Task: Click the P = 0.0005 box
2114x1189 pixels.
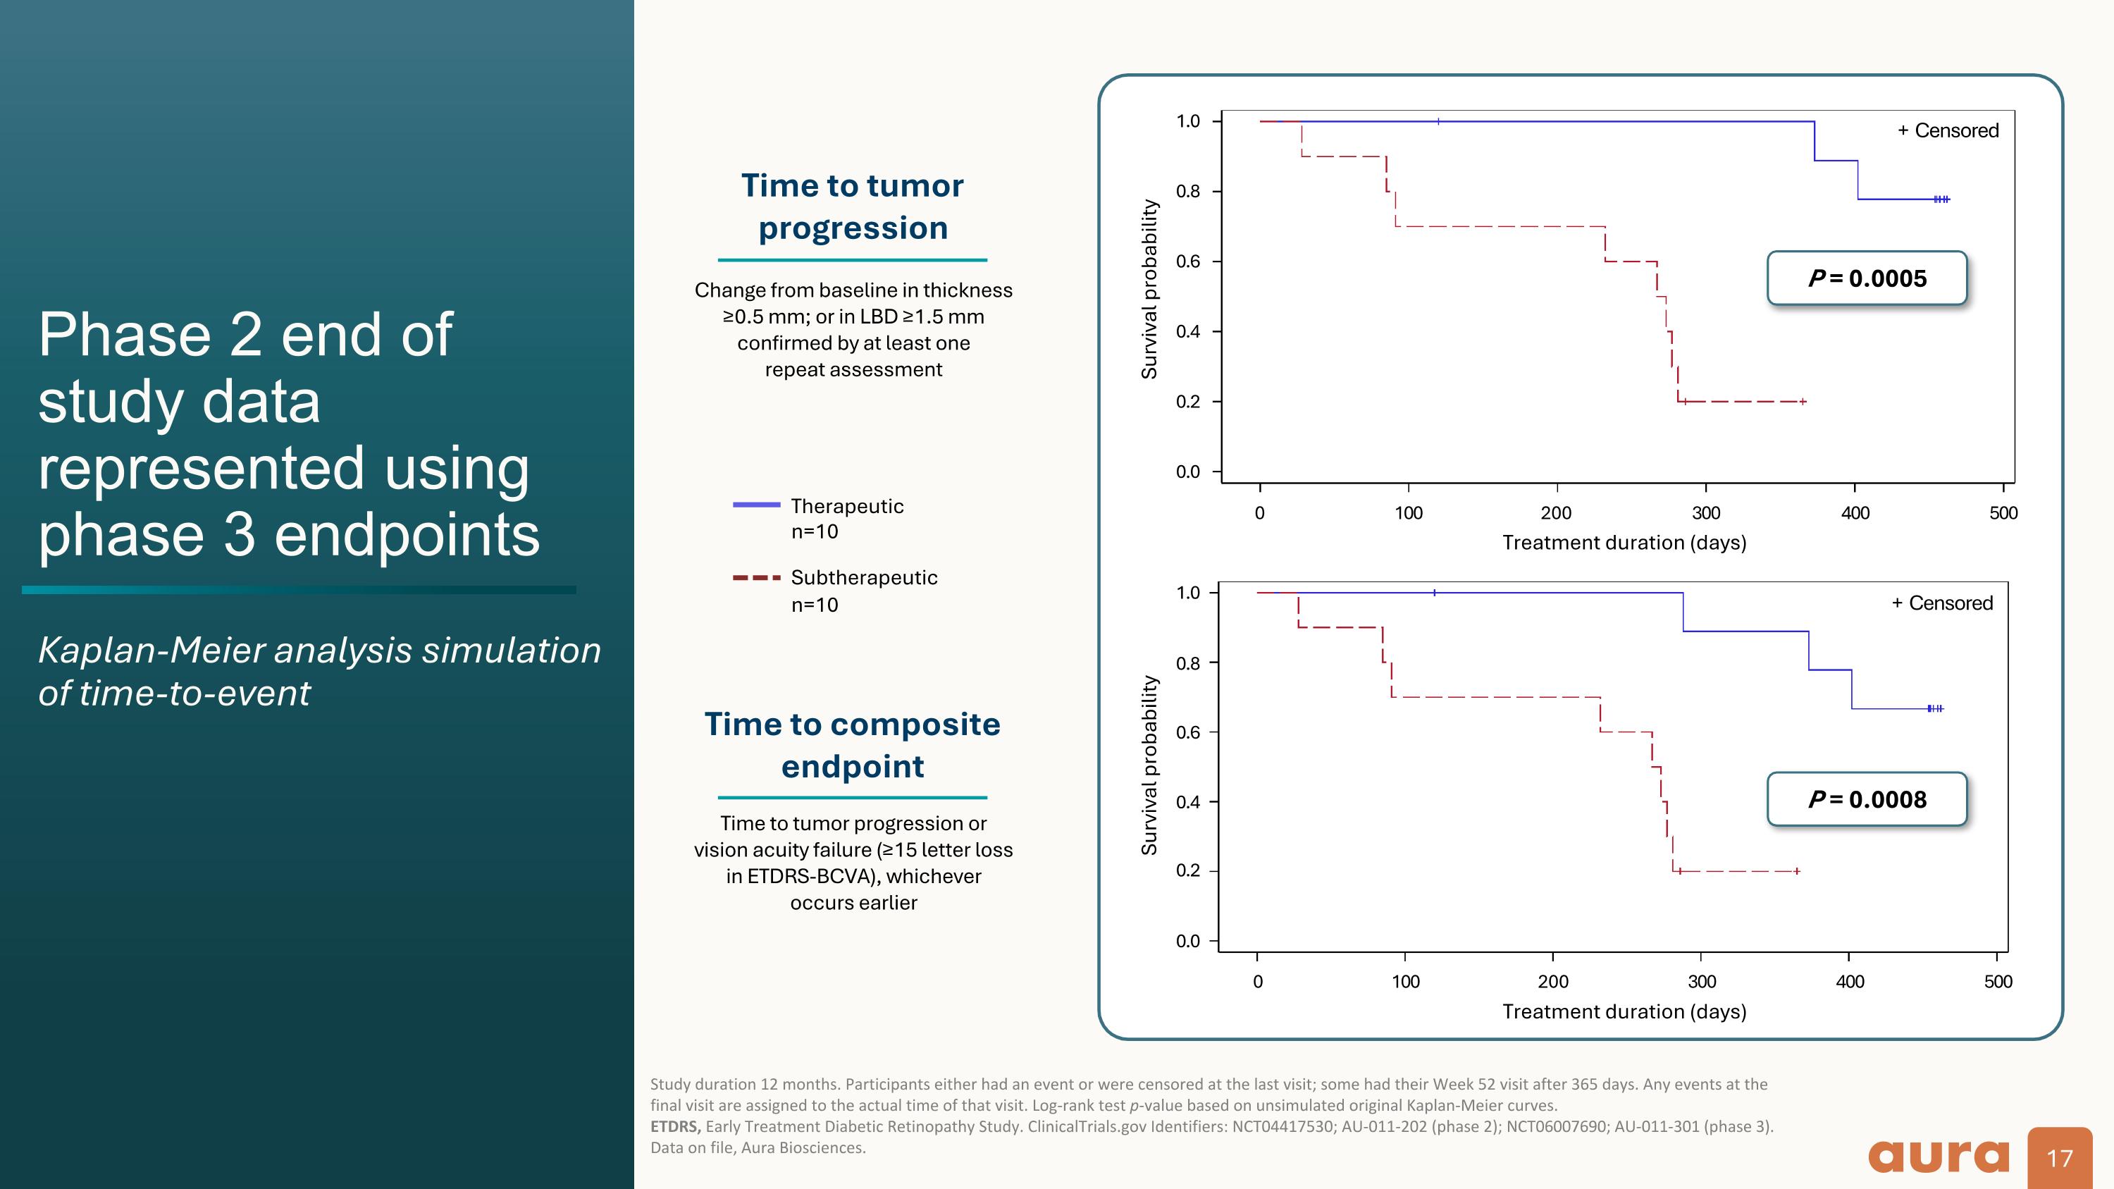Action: coord(1867,278)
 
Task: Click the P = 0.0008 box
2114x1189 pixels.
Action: coord(1867,799)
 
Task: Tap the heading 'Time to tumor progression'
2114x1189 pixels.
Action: coord(853,207)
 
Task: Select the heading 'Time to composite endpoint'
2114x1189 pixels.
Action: coord(853,745)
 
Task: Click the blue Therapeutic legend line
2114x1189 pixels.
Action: coord(756,505)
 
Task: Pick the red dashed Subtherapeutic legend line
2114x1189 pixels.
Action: coord(756,578)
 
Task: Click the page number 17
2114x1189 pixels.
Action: coord(2059,1158)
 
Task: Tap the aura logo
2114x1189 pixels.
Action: coord(1939,1156)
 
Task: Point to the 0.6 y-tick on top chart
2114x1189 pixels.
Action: coord(1187,261)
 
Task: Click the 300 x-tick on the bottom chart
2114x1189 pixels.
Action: coord(1701,981)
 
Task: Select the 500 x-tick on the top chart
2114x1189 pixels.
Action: coord(2003,513)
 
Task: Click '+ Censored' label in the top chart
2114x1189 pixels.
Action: coord(1948,130)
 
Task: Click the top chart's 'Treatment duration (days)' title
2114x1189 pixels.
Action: coord(1624,543)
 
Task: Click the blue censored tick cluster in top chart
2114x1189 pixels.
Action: coord(1941,199)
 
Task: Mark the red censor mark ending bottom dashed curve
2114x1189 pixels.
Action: coord(1796,870)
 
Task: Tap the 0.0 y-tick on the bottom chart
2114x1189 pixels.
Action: coord(1187,941)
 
